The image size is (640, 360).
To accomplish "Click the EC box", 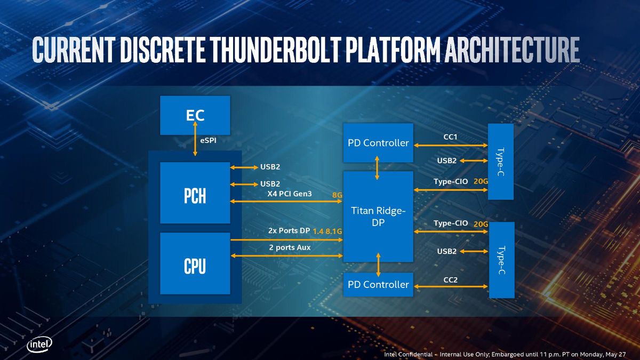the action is [x=195, y=115].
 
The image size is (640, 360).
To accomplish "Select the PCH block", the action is [x=195, y=193].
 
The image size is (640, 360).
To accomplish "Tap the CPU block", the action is [x=195, y=263].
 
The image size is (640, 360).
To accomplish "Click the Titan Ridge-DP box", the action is [x=378, y=217].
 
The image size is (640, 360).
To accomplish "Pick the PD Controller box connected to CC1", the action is [x=378, y=143].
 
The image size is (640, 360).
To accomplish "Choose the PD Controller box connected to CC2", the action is [x=378, y=285].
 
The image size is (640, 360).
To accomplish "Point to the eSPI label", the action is [x=209, y=140].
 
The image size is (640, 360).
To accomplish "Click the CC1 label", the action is [x=450, y=137].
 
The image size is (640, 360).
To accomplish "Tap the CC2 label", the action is [x=450, y=279].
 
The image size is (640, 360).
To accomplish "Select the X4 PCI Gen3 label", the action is [x=290, y=194].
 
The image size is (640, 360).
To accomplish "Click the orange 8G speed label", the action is [x=337, y=195].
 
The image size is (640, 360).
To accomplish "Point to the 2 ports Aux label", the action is [x=290, y=247].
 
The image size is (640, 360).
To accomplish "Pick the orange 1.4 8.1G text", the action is [x=327, y=231].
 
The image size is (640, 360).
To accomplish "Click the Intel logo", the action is [x=39, y=345].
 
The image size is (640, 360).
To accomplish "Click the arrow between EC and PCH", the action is [x=195, y=139].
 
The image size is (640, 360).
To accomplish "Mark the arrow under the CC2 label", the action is [x=451, y=286].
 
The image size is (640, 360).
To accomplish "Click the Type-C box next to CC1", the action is [x=501, y=162].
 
